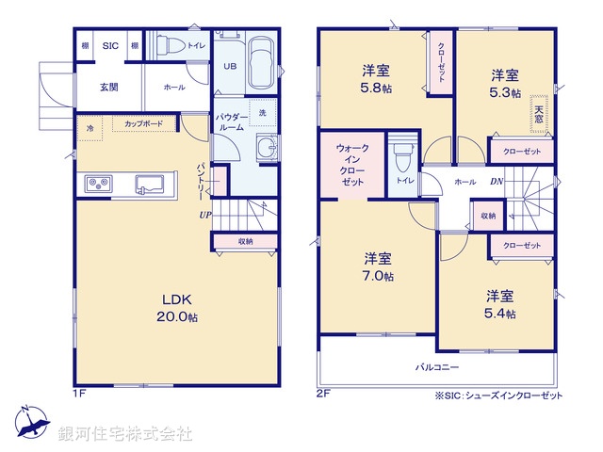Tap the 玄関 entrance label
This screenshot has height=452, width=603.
tap(108, 87)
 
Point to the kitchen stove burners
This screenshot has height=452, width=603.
tap(99, 184)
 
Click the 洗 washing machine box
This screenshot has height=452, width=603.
tap(262, 112)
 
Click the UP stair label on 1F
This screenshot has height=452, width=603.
tap(204, 215)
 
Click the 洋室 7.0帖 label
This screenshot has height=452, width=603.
tap(380, 266)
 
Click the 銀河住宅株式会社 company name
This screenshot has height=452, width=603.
tap(125, 434)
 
